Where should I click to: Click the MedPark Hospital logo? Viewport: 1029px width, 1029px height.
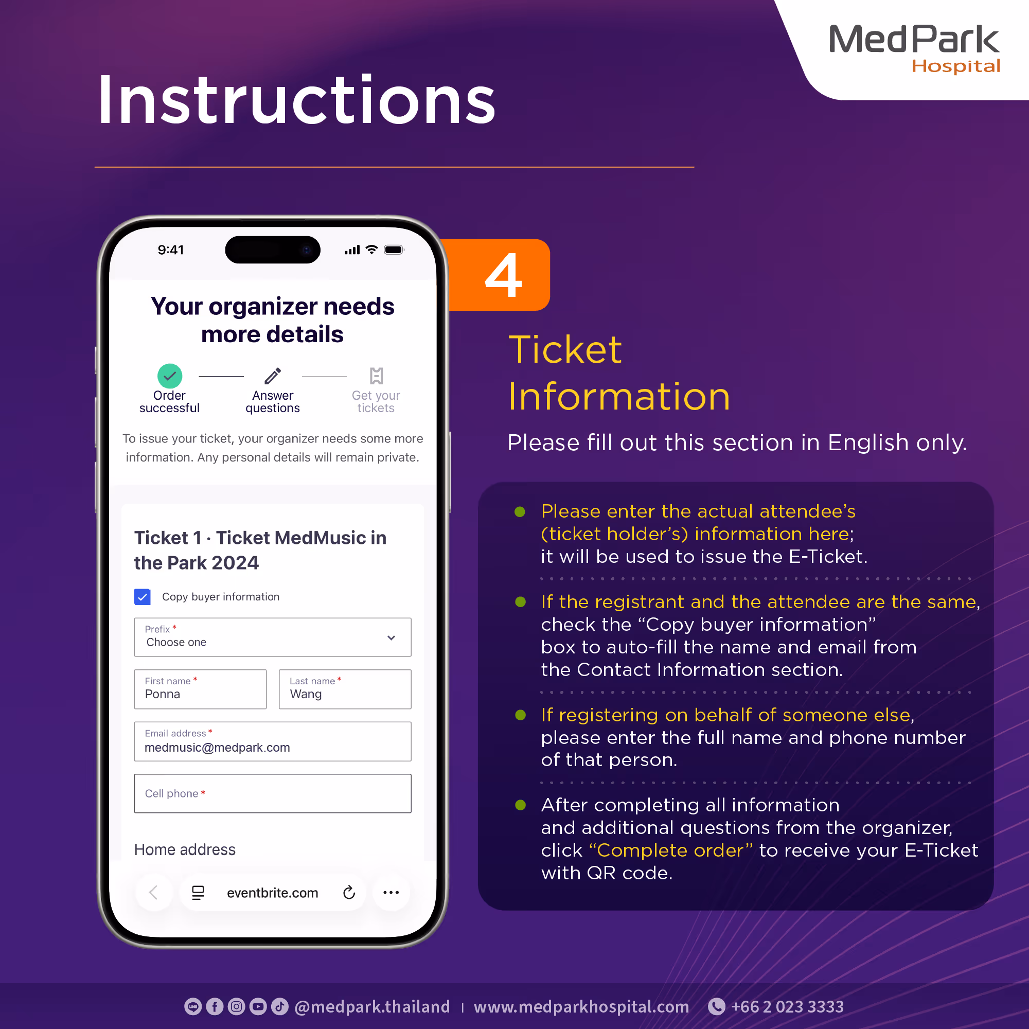tap(914, 48)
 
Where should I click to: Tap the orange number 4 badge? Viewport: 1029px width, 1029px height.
tap(502, 275)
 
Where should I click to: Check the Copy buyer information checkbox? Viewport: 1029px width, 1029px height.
tap(142, 596)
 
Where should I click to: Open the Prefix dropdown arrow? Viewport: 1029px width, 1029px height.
tap(392, 637)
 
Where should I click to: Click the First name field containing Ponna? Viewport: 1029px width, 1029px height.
tap(200, 689)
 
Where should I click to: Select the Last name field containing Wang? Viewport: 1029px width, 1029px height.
tap(345, 689)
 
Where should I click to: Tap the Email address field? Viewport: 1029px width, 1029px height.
tap(272, 741)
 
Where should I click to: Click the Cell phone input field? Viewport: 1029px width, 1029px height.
tap(272, 793)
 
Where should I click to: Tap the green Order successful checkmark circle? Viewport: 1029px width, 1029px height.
tap(169, 376)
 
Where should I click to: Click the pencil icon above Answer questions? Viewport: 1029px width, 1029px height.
tap(273, 376)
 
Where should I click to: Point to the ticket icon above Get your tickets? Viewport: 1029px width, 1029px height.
tap(376, 376)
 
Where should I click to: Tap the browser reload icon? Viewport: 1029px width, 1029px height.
tap(349, 892)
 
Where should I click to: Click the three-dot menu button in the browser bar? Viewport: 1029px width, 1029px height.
tap(391, 892)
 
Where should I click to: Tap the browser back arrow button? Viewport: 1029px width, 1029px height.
tap(153, 892)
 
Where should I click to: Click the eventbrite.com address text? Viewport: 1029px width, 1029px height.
tap(272, 893)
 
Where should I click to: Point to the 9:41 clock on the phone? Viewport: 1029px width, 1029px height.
tap(170, 250)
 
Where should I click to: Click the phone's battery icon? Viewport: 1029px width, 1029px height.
tap(394, 250)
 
